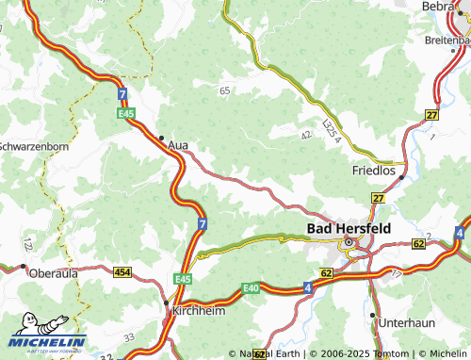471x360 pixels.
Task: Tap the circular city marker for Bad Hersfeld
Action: tap(348, 243)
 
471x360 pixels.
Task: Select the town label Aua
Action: tap(177, 146)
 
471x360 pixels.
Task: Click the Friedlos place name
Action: tap(374, 171)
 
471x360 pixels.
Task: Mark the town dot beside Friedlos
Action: tap(402, 176)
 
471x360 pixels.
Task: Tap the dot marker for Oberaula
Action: tap(23, 267)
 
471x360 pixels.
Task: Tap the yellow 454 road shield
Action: tap(122, 272)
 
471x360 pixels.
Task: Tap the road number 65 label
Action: tap(224, 90)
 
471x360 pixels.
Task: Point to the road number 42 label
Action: tap(305, 136)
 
